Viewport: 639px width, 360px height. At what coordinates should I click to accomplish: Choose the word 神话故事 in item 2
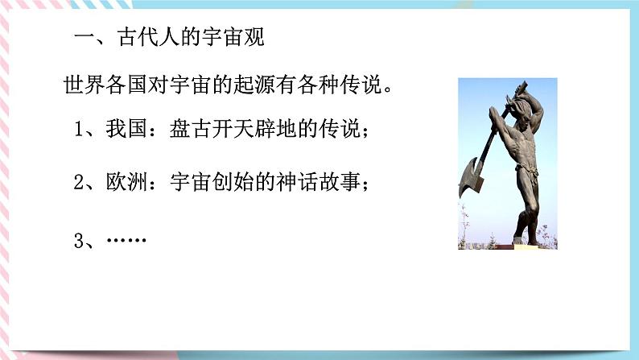click(x=326, y=183)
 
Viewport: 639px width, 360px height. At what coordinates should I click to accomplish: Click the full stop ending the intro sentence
click(x=385, y=89)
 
